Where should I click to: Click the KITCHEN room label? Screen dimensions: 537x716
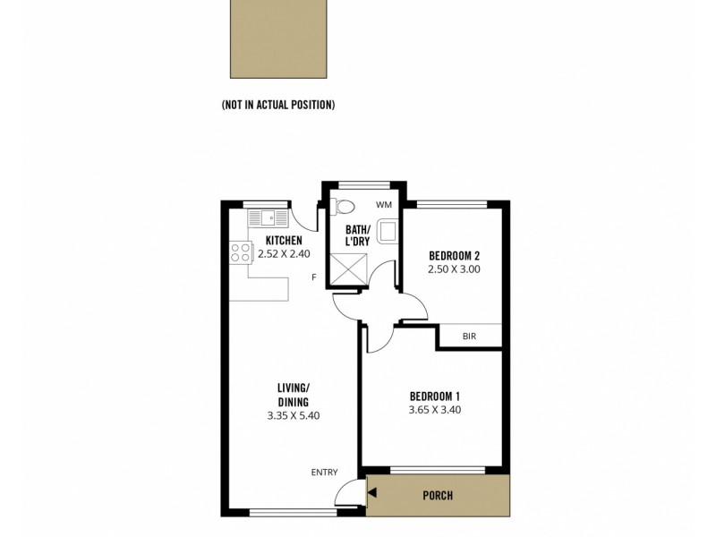[x=284, y=241]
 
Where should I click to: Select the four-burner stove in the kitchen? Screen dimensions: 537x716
[x=240, y=252]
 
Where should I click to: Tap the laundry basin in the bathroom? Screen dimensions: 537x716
[x=388, y=232]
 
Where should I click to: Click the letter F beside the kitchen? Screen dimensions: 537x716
[x=313, y=277]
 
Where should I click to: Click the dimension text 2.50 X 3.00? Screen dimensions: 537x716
[x=456, y=268]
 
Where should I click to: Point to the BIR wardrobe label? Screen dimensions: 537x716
[x=469, y=337]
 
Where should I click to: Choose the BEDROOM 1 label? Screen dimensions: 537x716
[x=434, y=396]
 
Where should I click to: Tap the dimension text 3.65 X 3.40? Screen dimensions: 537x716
[x=434, y=410]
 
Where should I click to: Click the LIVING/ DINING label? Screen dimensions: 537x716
[x=293, y=395]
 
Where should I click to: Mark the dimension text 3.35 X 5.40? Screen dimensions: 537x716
[x=293, y=415]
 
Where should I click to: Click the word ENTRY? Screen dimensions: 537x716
[x=323, y=473]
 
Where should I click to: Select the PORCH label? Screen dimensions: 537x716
[x=438, y=496]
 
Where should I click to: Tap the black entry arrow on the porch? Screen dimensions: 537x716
[x=372, y=491]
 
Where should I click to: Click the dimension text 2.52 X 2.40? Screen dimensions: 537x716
[x=284, y=254]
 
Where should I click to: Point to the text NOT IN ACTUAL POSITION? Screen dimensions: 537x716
[x=278, y=105]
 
